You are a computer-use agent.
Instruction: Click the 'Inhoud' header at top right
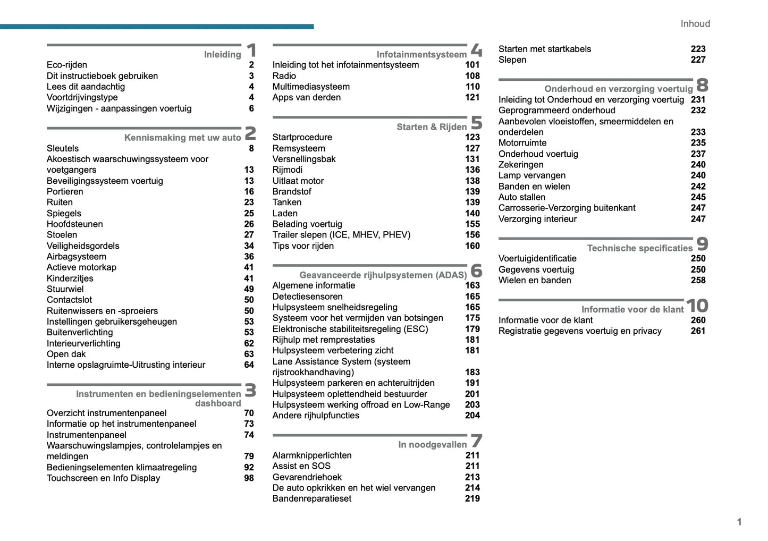(x=695, y=24)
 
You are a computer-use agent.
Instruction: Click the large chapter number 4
(x=476, y=50)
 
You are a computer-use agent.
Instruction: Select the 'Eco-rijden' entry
(x=67, y=65)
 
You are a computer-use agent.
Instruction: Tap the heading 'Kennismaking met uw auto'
(x=182, y=138)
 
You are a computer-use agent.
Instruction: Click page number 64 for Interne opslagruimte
(x=249, y=365)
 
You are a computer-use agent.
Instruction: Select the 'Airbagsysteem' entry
(x=76, y=257)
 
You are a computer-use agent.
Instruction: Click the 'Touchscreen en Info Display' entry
(x=103, y=478)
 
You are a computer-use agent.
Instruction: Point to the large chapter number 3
(x=250, y=391)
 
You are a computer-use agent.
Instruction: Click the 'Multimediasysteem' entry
(x=311, y=87)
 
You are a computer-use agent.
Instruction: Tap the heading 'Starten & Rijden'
(x=431, y=127)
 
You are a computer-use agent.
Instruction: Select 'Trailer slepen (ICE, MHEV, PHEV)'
(x=341, y=235)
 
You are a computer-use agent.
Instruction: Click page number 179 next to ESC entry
(x=472, y=329)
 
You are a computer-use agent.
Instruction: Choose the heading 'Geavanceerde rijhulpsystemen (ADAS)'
(x=383, y=275)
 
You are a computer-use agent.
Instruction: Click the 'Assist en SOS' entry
(x=301, y=466)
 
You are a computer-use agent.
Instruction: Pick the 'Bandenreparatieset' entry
(x=312, y=498)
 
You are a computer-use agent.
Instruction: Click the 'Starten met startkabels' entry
(x=544, y=49)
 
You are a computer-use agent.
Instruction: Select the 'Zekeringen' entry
(x=521, y=165)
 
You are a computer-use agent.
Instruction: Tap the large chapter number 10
(x=697, y=306)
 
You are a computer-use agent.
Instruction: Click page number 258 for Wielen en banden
(x=698, y=280)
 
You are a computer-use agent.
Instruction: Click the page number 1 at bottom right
(x=739, y=522)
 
